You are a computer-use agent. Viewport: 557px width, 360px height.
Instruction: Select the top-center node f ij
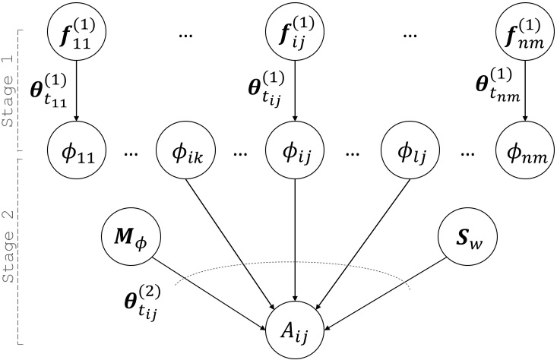(293, 33)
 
